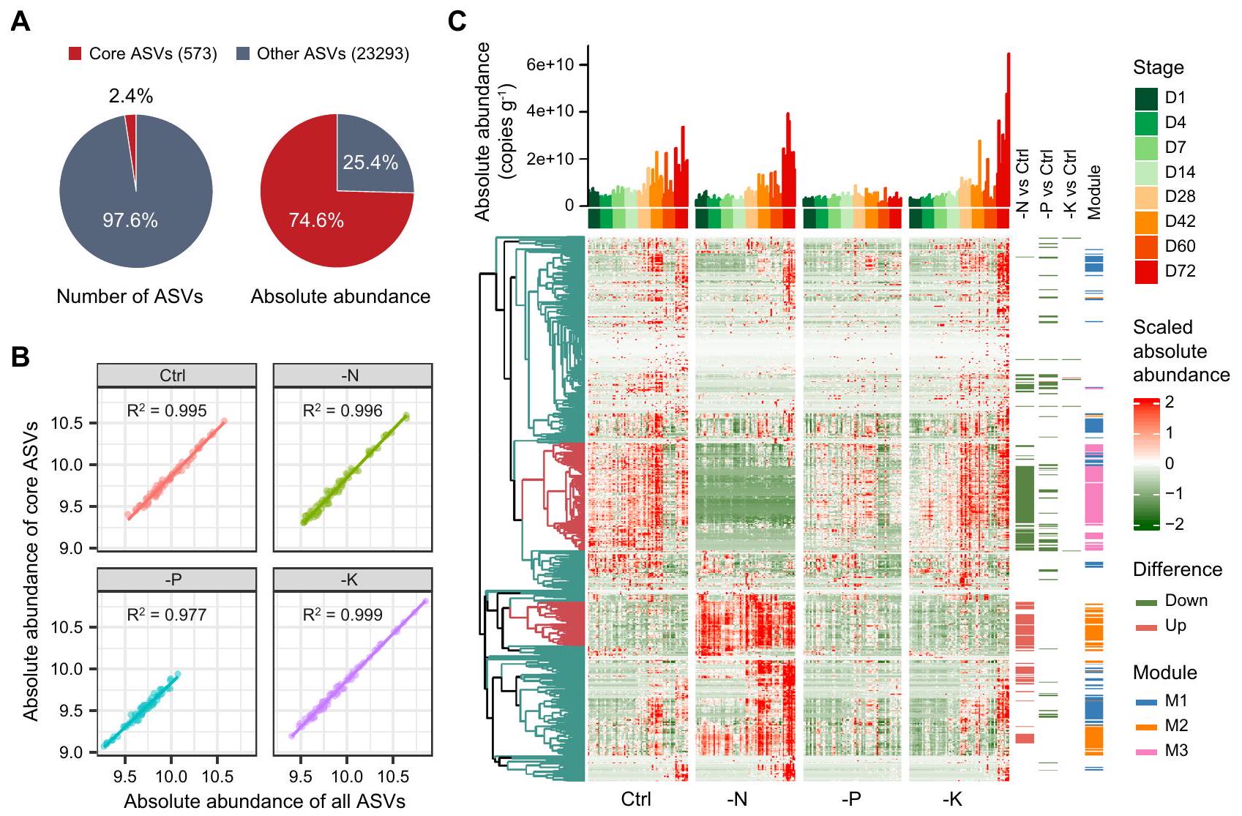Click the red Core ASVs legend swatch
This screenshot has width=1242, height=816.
tap(75, 53)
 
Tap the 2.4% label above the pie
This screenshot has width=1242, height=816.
tap(131, 96)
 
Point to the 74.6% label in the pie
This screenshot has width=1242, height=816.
tap(316, 220)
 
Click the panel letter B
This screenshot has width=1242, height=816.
tap(20, 357)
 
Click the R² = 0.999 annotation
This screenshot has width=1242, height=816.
tap(343, 615)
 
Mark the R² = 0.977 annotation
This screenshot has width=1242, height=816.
tap(167, 615)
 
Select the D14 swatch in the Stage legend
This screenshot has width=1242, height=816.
tap(1146, 172)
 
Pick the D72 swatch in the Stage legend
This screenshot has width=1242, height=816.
tap(1146, 271)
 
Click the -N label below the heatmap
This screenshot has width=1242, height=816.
tap(737, 799)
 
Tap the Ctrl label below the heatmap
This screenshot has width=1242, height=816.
tap(635, 799)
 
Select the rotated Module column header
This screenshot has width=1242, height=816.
tap(1094, 192)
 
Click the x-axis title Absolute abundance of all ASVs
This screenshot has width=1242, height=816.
tap(264, 801)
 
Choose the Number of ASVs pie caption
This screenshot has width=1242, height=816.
tap(130, 296)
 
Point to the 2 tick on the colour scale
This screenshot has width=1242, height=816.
tap(1169, 402)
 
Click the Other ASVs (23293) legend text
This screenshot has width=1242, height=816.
tap(333, 53)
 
